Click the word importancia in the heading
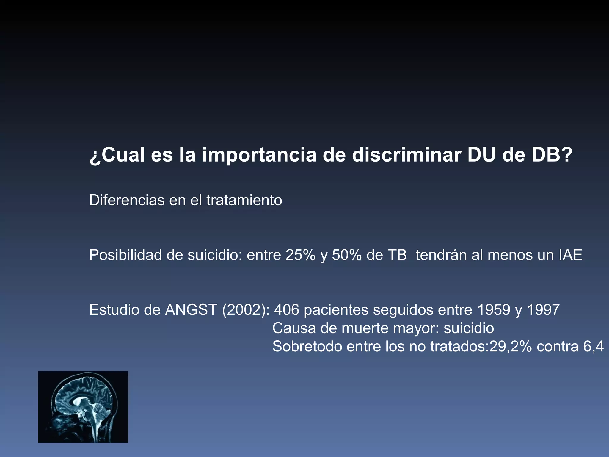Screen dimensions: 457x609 [259, 155]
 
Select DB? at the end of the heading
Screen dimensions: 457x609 [552, 155]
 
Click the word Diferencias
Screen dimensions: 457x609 [127, 200]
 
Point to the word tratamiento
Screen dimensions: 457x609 [244, 200]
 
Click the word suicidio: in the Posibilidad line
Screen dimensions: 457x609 [215, 255]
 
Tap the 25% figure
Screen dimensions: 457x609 [300, 255]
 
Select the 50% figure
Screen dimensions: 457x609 [346, 255]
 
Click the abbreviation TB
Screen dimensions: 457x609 [397, 255]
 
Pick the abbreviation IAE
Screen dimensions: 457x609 [570, 255]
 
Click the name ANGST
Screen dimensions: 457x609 [191, 310]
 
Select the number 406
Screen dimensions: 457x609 [287, 310]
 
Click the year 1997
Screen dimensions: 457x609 [543, 310]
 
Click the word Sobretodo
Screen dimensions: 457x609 [307, 347]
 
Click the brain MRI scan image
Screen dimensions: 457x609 [83, 407]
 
